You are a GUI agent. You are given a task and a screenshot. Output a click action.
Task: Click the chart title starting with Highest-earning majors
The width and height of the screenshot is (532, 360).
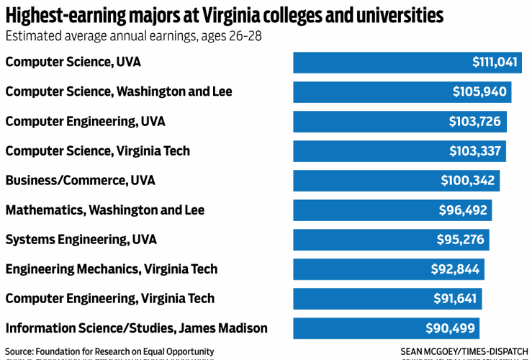pyautogui.click(x=224, y=14)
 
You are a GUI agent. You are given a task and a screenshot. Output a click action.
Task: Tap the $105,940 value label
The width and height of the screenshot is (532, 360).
pyautogui.click(x=479, y=92)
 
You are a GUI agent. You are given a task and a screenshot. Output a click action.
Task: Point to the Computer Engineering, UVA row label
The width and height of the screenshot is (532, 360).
pyautogui.click(x=85, y=122)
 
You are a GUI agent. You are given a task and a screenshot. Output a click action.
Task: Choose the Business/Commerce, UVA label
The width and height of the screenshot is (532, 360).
pyautogui.click(x=80, y=181)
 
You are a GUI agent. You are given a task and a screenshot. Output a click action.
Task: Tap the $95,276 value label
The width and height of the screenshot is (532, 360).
pyautogui.click(x=460, y=240)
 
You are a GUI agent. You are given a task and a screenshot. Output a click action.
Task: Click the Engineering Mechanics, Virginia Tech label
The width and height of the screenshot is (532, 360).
pyautogui.click(x=112, y=269)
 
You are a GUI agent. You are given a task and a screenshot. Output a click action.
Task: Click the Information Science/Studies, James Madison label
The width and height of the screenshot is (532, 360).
pyautogui.click(x=136, y=328)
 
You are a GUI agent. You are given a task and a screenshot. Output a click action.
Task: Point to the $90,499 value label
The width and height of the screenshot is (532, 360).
pyautogui.click(x=450, y=328)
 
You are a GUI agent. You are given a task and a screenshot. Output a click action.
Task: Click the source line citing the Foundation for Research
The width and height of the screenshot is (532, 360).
pyautogui.click(x=109, y=351)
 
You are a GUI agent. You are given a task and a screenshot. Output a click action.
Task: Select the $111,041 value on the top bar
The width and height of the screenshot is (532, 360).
pyautogui.click(x=495, y=63)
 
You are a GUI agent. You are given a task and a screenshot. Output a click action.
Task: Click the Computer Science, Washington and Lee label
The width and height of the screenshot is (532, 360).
pyautogui.click(x=119, y=92)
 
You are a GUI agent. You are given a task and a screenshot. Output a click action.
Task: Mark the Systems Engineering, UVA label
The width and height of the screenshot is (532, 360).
pyautogui.click(x=81, y=240)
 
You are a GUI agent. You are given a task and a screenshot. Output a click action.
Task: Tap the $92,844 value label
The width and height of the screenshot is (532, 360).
pyautogui.click(x=455, y=269)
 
